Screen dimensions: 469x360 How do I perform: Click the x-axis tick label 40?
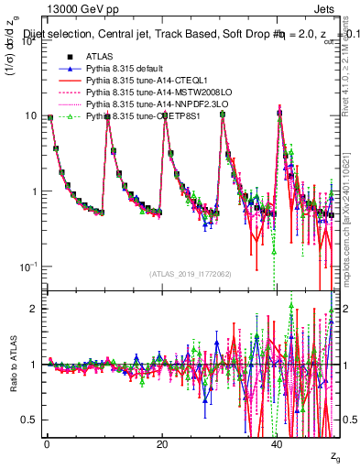coord(278,444)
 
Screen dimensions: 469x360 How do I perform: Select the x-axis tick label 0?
coord(47,444)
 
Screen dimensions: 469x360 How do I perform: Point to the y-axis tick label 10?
coord(31,116)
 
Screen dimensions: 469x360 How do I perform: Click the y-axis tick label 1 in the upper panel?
coord(35,191)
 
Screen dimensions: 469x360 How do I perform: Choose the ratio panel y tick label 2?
coord(35,309)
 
